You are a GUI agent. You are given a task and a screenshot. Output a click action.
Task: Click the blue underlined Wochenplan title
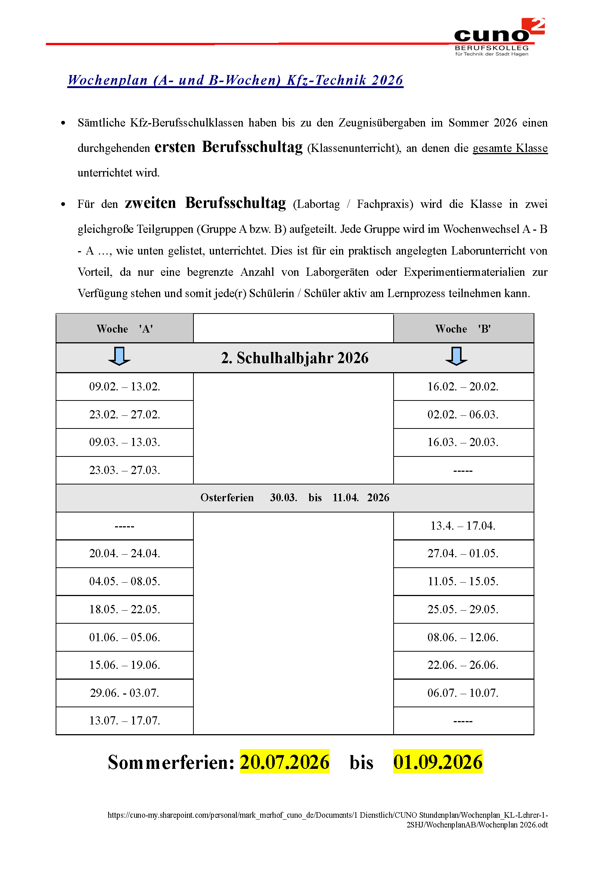tap(235, 80)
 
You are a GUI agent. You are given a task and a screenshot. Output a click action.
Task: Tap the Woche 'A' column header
tap(124, 329)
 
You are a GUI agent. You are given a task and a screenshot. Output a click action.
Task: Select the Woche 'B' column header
tap(463, 329)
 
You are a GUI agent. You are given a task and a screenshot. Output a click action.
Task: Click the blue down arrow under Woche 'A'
tap(119, 356)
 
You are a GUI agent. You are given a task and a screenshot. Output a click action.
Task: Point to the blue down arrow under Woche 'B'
tap(456, 356)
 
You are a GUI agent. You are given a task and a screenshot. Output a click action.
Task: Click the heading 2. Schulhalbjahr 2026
tap(295, 358)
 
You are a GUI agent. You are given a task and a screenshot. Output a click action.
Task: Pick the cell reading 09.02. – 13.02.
tap(124, 387)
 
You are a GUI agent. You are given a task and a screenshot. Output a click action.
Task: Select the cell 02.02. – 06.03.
tap(463, 415)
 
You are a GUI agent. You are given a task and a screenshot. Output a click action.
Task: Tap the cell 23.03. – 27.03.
tap(124, 470)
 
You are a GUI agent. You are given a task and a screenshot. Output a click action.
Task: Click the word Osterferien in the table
tap(227, 498)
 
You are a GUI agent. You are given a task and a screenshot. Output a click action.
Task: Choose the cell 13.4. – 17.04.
tap(463, 526)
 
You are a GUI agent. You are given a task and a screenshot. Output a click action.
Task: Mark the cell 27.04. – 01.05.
tap(463, 554)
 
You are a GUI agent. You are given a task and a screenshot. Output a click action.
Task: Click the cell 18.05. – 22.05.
tap(124, 609)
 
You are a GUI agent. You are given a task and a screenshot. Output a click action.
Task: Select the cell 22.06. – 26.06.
tap(463, 665)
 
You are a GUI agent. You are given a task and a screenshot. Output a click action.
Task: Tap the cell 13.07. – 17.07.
tap(124, 720)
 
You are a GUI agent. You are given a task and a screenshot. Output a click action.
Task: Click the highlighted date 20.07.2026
tap(285, 762)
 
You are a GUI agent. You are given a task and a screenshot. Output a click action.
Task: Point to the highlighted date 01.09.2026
tap(438, 762)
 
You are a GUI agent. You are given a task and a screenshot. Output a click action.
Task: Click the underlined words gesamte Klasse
tap(510, 148)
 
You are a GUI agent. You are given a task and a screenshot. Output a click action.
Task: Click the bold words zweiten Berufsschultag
tap(205, 203)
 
